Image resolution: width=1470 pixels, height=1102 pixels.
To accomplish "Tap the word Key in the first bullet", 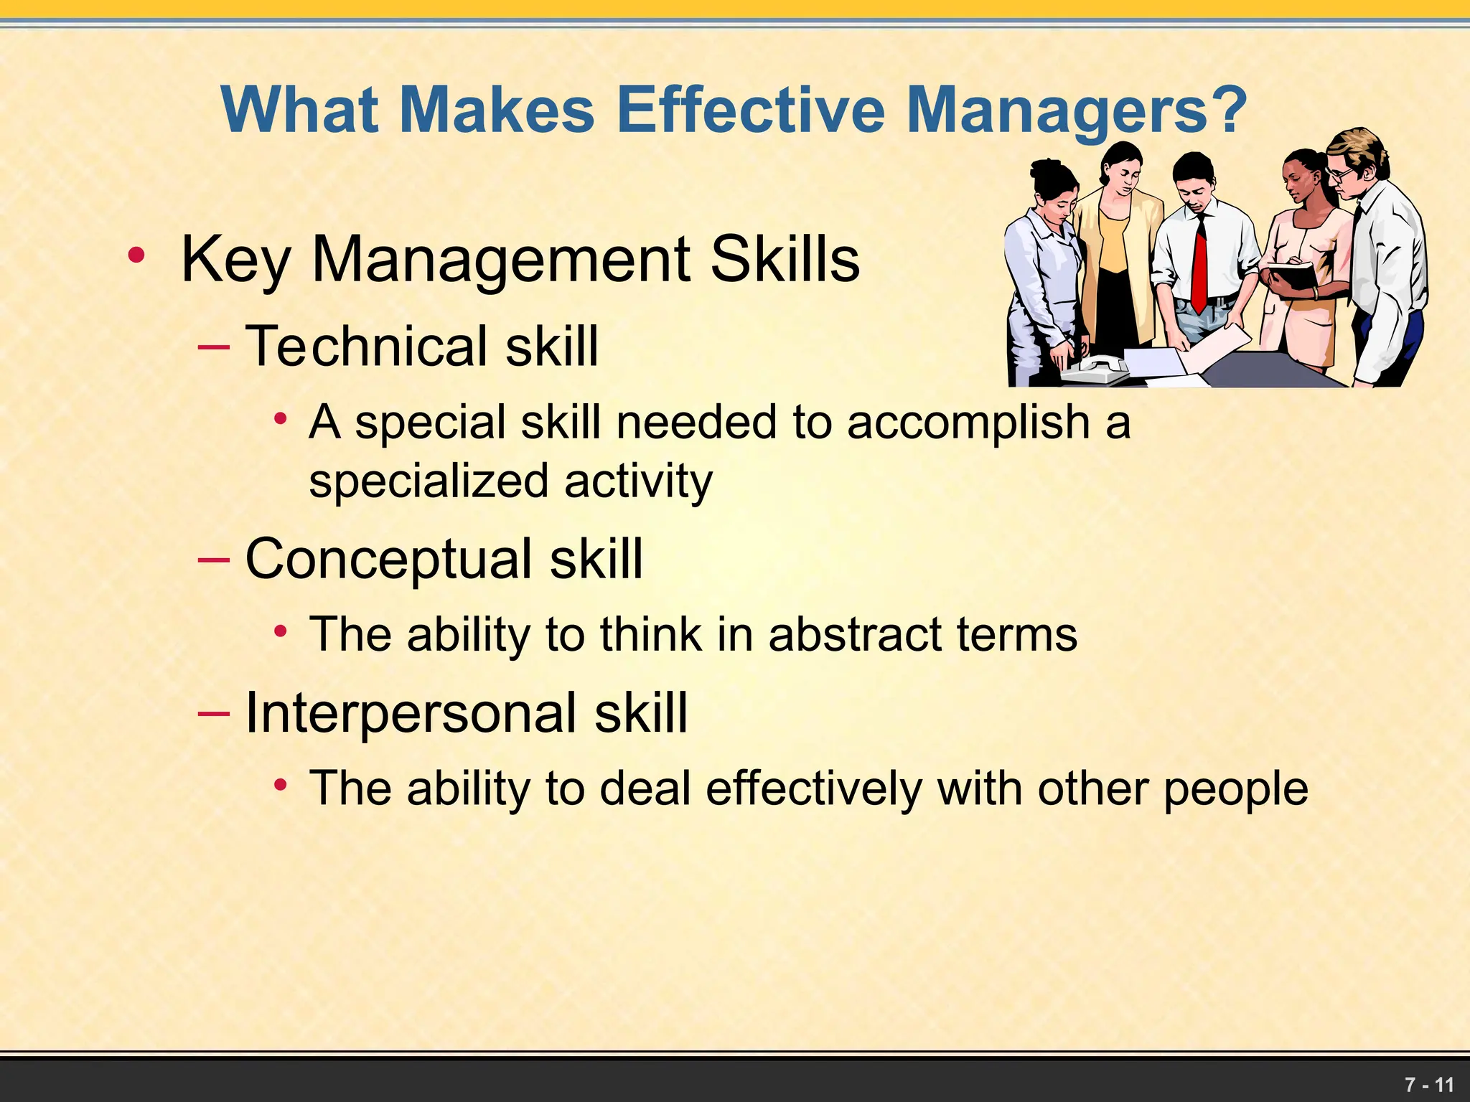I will [x=237, y=260].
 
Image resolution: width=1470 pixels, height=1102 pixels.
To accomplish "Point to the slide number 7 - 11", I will [x=1429, y=1084].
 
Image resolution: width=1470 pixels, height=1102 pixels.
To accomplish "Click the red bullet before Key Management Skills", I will [x=136, y=255].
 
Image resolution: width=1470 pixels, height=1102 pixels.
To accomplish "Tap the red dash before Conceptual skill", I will [x=213, y=559].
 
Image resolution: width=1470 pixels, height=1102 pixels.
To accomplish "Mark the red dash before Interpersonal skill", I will [x=213, y=712].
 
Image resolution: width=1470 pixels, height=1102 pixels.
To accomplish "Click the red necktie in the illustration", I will [x=1199, y=265].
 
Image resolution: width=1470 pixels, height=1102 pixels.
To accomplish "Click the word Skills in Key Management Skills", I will [x=785, y=260].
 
